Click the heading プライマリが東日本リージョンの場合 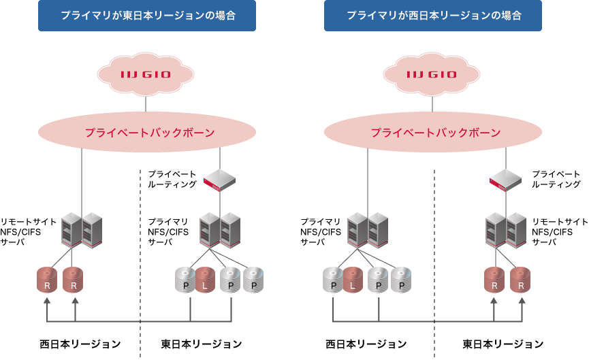tap(147, 15)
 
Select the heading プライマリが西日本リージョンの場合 tap(433, 15)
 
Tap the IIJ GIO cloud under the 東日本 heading tap(146, 74)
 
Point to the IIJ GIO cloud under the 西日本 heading tap(432, 74)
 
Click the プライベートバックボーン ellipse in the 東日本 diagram tap(147, 133)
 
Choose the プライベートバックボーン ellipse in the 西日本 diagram tap(433, 133)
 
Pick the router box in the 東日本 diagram tap(219, 180)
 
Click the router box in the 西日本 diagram tap(505, 180)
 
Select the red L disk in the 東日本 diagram tap(205, 280)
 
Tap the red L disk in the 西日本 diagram tap(353, 280)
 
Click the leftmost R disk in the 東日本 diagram tap(47, 280)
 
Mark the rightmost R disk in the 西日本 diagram tap(521, 280)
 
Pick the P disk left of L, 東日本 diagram tap(185, 280)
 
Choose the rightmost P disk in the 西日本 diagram tap(401, 280)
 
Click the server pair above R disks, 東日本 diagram tap(82, 230)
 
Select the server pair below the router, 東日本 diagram tap(220, 230)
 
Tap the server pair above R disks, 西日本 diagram tap(506, 230)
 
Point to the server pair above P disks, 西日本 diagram tap(368, 230)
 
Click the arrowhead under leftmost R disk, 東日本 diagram tap(48, 300)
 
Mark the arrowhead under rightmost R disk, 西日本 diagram tap(522, 300)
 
